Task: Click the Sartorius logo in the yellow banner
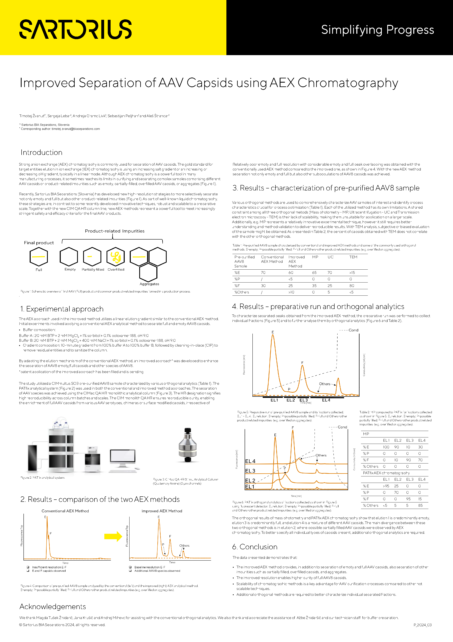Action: click(x=75, y=29)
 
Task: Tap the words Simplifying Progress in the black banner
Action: click(x=377, y=30)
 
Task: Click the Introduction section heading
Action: click(x=41, y=152)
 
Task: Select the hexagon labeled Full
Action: click(x=39, y=256)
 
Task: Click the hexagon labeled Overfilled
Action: click(x=116, y=256)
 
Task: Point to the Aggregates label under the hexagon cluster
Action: click(x=149, y=284)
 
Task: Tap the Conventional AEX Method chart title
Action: click(x=65, y=511)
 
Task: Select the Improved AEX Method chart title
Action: click(x=162, y=511)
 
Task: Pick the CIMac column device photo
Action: click(x=187, y=444)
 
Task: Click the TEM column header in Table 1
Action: click(x=353, y=257)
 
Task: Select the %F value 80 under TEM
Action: click(x=352, y=286)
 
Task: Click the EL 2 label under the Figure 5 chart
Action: click(x=291, y=400)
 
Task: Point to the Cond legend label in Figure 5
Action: click(x=353, y=330)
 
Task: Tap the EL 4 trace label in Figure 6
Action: click(x=250, y=461)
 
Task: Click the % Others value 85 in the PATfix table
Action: click(x=420, y=505)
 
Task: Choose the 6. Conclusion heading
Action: click(x=255, y=547)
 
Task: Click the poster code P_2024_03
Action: click(x=422, y=625)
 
